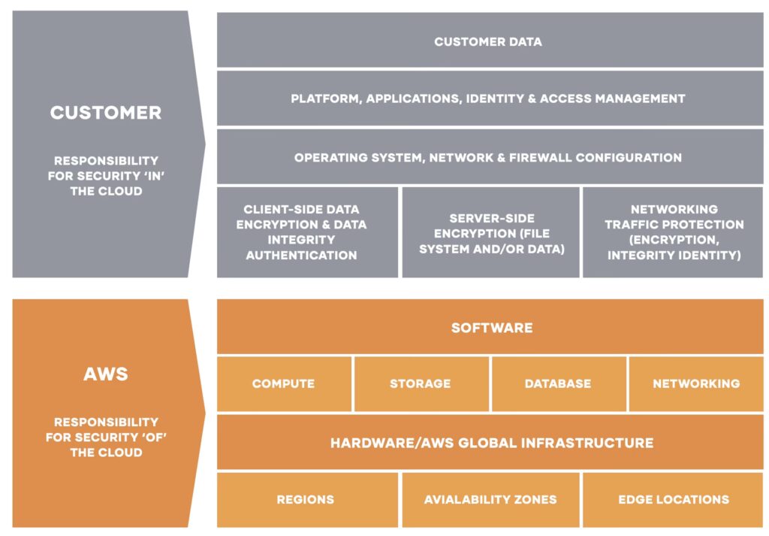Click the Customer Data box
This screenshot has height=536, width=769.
[489, 41]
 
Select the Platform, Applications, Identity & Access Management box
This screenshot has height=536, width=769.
[489, 98]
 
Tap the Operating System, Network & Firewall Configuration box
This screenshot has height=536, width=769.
[489, 158]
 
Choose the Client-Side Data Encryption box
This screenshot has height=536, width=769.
[307, 232]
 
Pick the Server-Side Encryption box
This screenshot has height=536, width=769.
[491, 232]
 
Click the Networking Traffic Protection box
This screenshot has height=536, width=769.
[673, 232]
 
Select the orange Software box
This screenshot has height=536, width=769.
[491, 328]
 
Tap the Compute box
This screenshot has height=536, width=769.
[283, 383]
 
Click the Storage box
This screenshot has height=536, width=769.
[420, 383]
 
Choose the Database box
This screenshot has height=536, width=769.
[558, 383]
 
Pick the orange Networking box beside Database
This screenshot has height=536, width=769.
[695, 383]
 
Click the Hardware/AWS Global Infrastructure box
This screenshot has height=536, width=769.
[491, 443]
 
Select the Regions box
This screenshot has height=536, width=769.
[306, 499]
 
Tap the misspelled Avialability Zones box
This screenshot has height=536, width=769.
[490, 499]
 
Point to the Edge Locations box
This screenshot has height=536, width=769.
[673, 499]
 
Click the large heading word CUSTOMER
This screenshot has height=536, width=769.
[105, 113]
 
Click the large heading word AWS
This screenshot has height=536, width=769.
[105, 374]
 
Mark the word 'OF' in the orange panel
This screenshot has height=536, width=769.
[149, 438]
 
